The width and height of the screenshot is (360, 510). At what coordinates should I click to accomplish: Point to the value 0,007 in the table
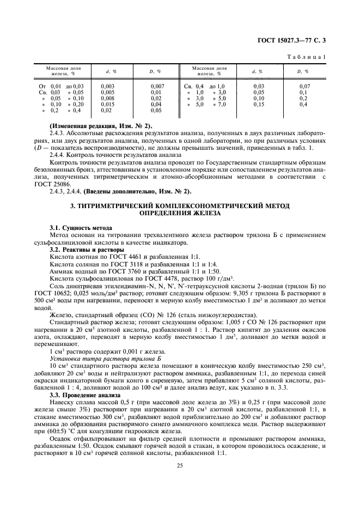coord(157,87)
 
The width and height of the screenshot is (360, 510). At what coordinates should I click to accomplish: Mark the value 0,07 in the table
coord(304,87)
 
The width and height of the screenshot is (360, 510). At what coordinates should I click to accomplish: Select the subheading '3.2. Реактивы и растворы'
coord(86,250)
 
